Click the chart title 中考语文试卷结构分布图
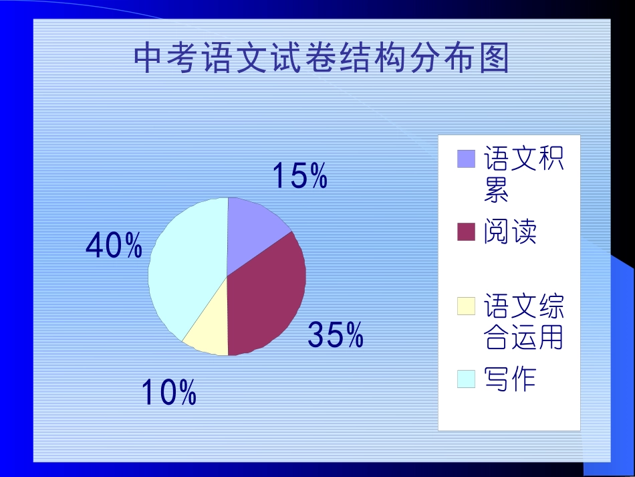(322, 58)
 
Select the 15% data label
(299, 176)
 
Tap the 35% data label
(336, 335)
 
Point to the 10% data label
(168, 393)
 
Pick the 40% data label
(114, 246)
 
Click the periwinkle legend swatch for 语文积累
(466, 159)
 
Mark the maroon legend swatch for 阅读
(466, 232)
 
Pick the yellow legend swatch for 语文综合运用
(466, 306)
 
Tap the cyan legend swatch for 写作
(466, 379)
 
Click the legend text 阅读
(510, 232)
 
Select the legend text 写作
(510, 379)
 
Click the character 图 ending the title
(493, 58)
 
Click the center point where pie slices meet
(227, 276)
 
